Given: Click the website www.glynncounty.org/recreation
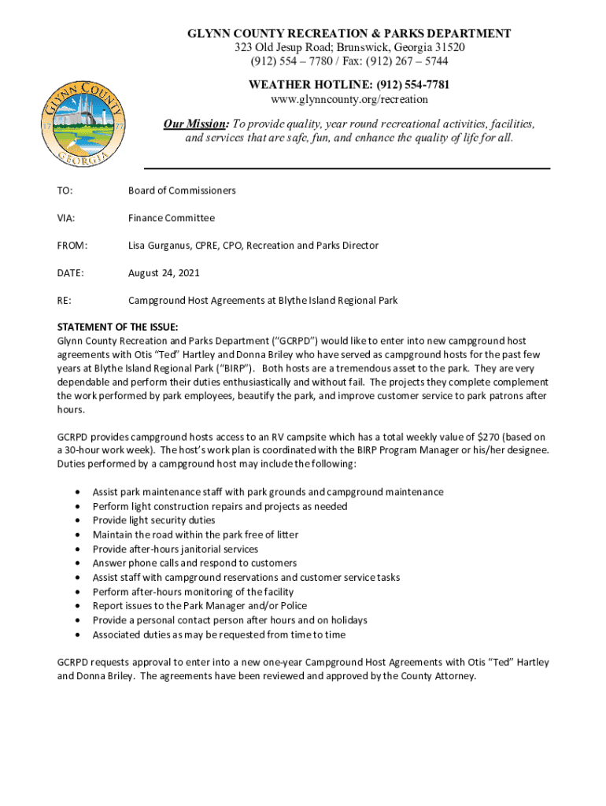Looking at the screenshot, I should click(349, 99).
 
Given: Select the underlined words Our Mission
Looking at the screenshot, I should click(195, 124).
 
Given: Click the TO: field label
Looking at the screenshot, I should click(66, 190).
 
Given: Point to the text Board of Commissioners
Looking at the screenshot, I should click(182, 190).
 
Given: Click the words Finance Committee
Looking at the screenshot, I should click(172, 218).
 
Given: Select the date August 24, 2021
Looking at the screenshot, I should click(164, 273).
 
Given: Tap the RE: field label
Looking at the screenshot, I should click(65, 301).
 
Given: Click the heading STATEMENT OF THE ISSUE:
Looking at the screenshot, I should click(118, 327).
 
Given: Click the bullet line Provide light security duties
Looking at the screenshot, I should click(153, 520).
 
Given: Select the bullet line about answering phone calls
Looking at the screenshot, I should click(194, 563).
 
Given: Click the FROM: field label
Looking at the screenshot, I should click(72, 246).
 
